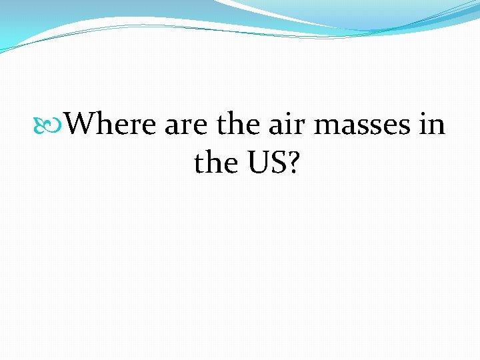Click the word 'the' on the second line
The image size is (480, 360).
coord(217,162)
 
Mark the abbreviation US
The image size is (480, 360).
coord(267,162)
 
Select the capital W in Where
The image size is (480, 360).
coord(83,124)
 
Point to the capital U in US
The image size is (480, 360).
coord(259,162)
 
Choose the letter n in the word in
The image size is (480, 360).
coord(438,127)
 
